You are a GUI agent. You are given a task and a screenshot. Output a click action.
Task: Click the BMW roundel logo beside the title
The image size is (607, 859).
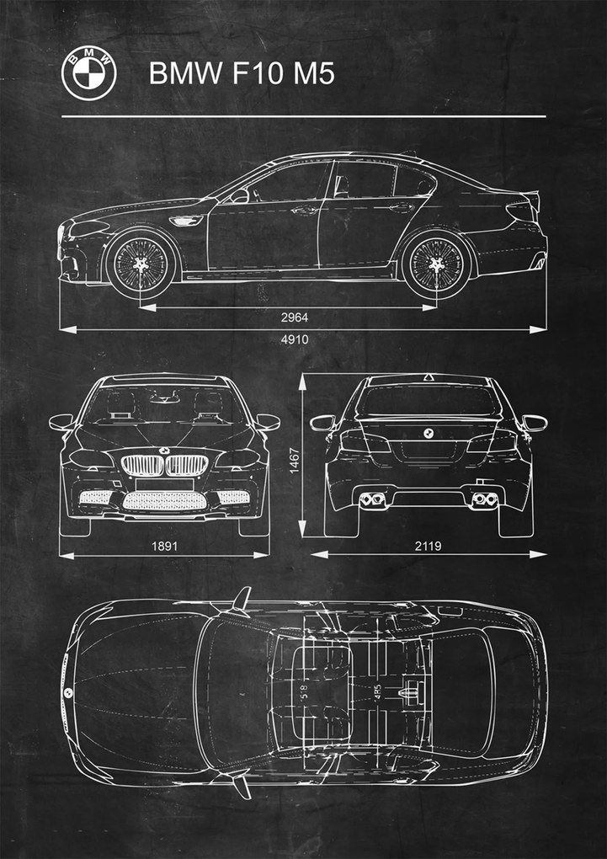pyautogui.click(x=88, y=73)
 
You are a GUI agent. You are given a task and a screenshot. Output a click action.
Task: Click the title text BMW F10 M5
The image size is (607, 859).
pyautogui.click(x=242, y=74)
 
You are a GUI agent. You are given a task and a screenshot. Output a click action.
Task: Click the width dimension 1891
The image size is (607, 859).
pyautogui.click(x=165, y=546)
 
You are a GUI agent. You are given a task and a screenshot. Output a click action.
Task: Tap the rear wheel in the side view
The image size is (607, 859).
pyautogui.click(x=436, y=264)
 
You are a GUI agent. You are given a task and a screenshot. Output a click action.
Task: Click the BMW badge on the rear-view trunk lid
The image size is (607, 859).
pyautogui.click(x=428, y=432)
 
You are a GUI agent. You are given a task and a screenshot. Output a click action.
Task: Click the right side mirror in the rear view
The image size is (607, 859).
pyautogui.click(x=535, y=422)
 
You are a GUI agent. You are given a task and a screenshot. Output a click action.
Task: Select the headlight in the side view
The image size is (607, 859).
pyautogui.click(x=89, y=227)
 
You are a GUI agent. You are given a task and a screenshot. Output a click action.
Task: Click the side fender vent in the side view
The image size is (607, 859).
pyautogui.click(x=185, y=221)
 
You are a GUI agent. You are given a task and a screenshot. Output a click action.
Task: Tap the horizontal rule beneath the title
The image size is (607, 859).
pyautogui.click(x=303, y=116)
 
